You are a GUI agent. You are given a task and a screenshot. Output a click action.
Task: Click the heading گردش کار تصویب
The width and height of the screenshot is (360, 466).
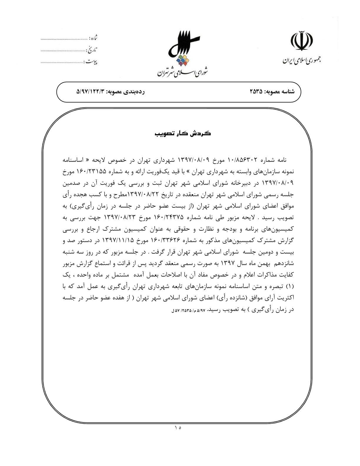point(183,134)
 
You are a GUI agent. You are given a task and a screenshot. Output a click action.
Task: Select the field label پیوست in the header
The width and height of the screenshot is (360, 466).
point(91,62)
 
